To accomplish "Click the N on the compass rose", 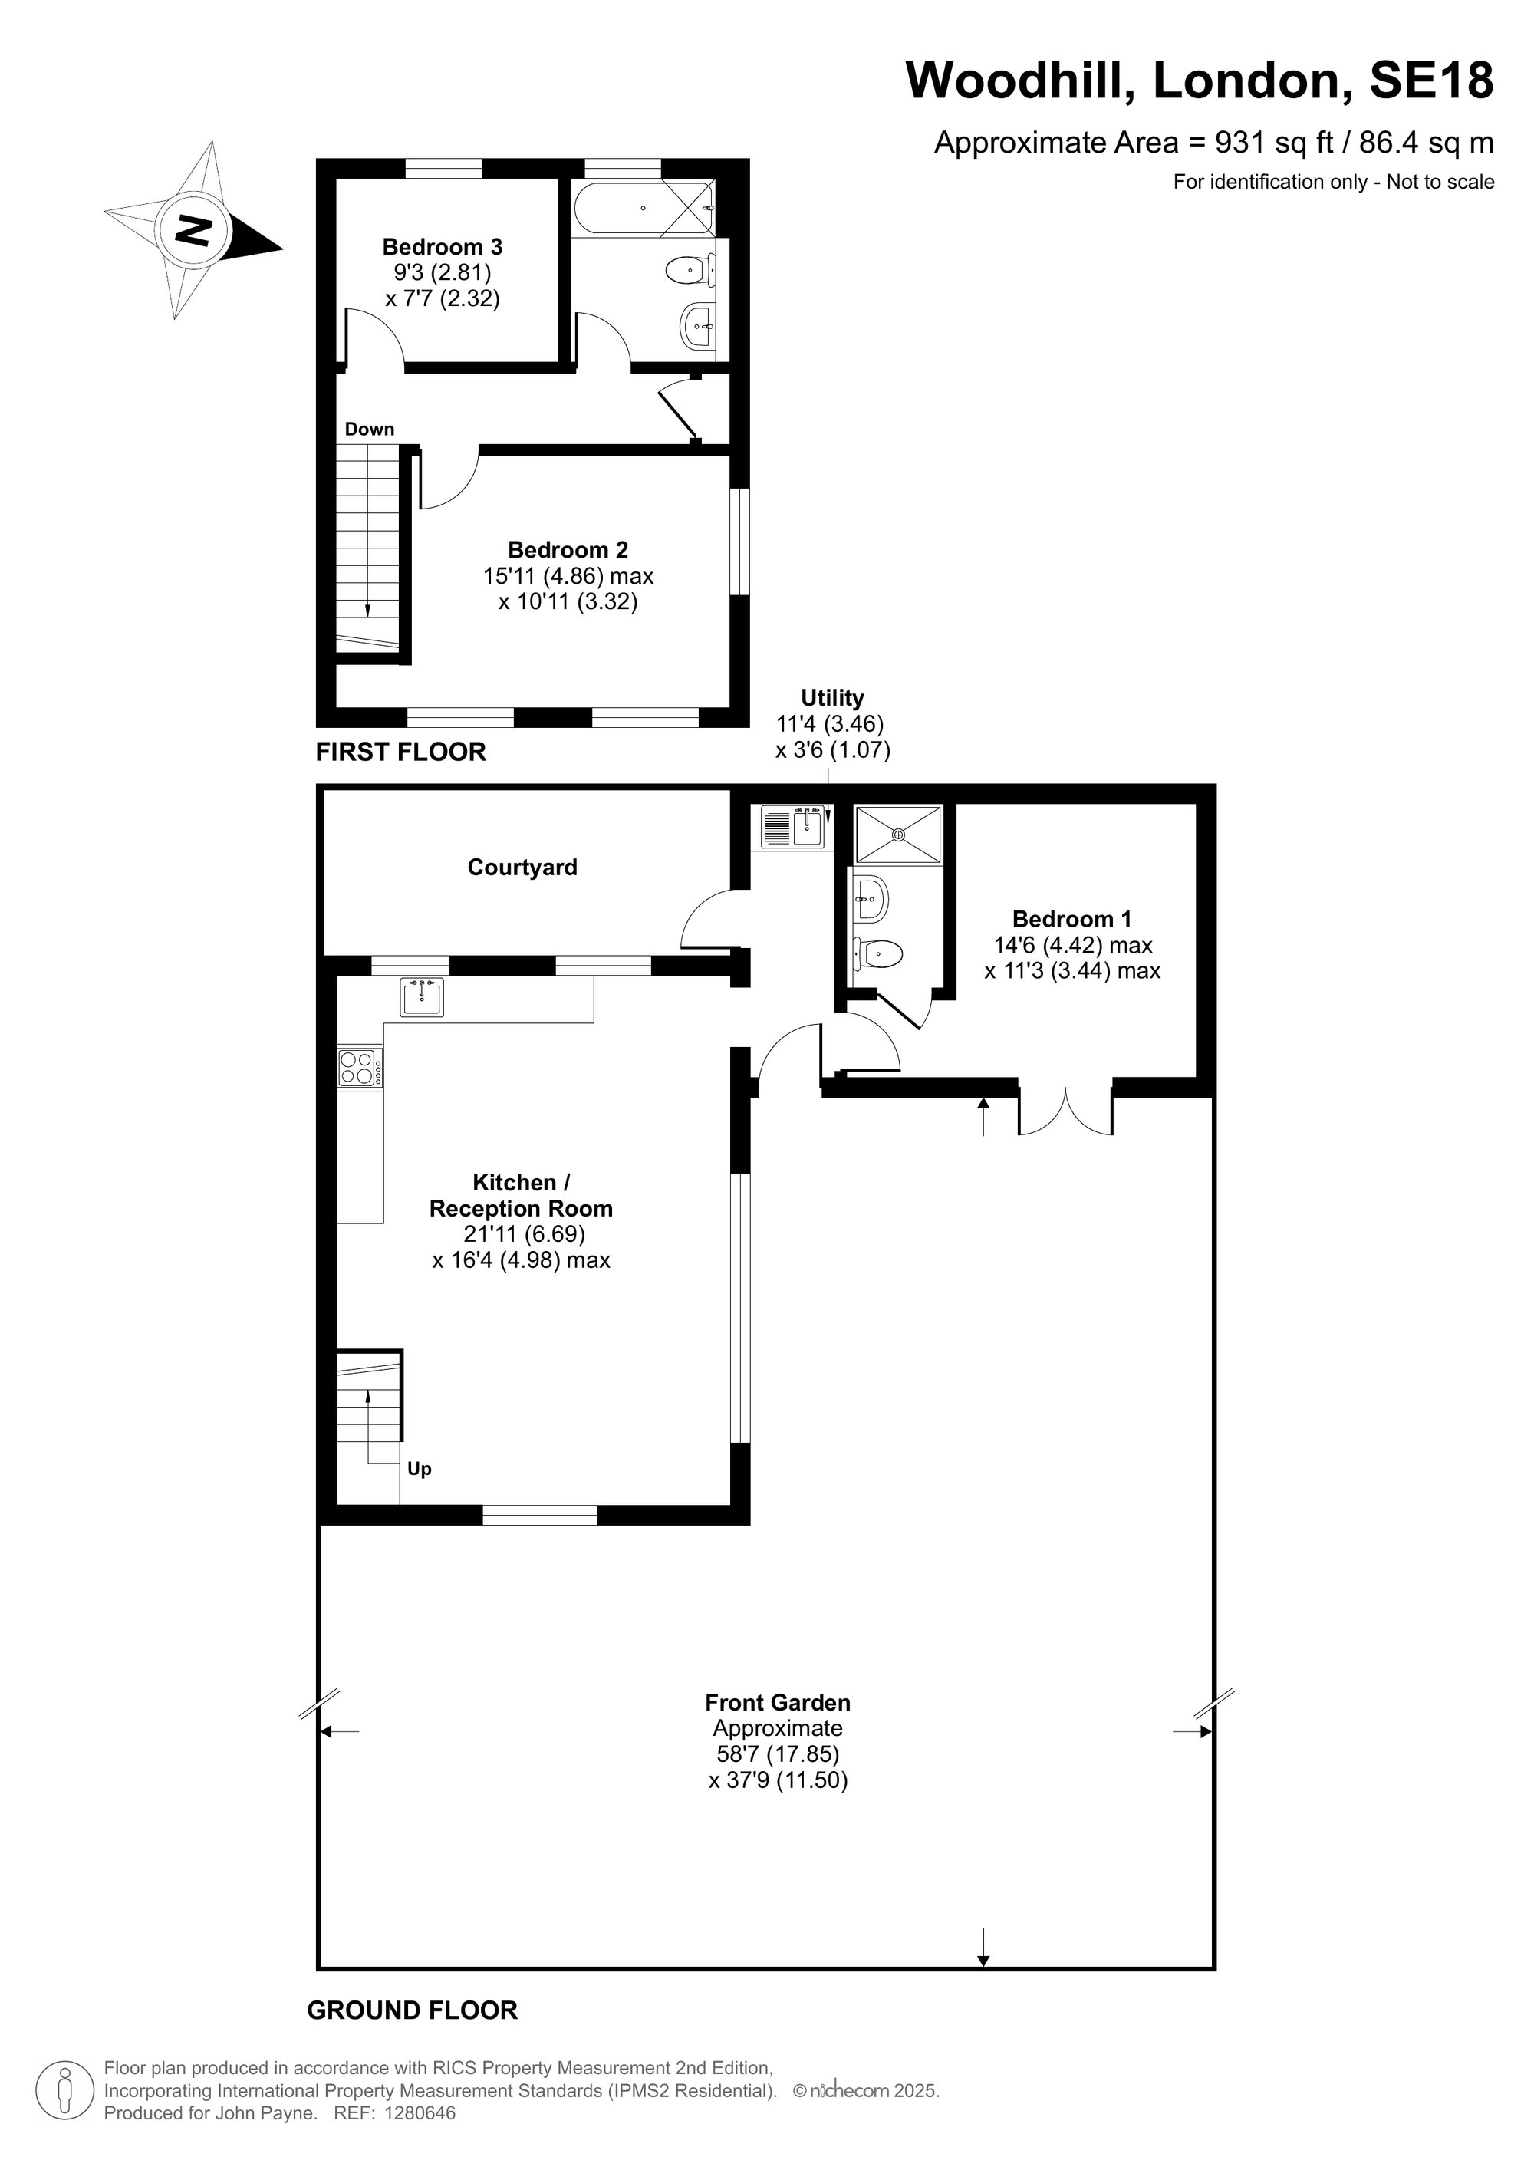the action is [x=194, y=229].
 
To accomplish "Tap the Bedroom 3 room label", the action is [x=443, y=247].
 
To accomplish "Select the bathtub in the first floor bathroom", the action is [x=644, y=208].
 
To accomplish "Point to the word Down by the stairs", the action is [x=370, y=429].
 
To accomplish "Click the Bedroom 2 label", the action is [x=568, y=549].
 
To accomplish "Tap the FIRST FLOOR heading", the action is [x=400, y=752].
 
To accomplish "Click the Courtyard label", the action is [x=522, y=867].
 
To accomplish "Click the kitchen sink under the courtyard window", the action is [x=422, y=997].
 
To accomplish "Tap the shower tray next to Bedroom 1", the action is [x=899, y=835].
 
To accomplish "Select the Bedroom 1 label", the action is [x=1071, y=919].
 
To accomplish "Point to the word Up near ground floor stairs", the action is [x=420, y=1468].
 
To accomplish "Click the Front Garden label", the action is [x=778, y=1702].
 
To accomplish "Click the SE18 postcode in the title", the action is [x=1432, y=81].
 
